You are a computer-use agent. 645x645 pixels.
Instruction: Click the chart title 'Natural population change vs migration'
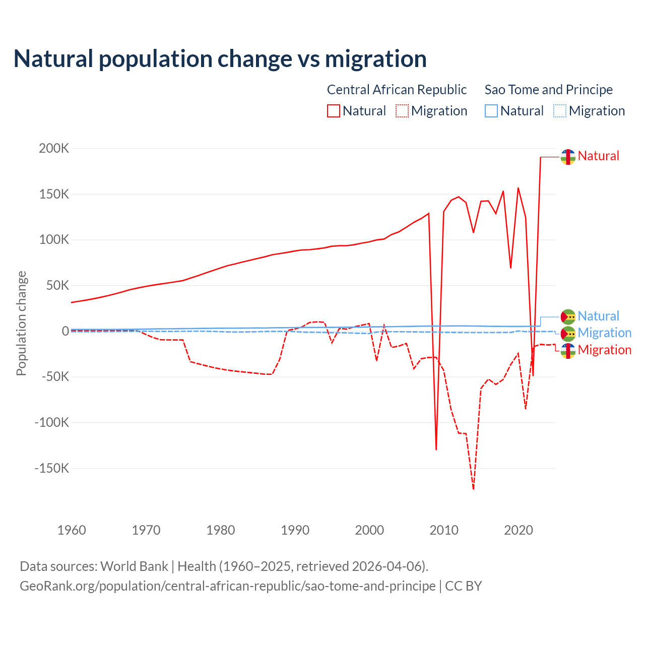(x=220, y=59)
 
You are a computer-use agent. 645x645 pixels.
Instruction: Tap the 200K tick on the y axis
(x=54, y=149)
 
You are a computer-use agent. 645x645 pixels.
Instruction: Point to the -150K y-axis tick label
(x=51, y=468)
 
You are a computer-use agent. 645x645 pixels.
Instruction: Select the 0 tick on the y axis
(x=65, y=331)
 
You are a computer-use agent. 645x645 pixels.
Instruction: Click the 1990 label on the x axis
(x=295, y=530)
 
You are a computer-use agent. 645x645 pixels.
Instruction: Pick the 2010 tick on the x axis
(x=444, y=530)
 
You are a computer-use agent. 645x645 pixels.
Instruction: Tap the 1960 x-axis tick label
(x=72, y=530)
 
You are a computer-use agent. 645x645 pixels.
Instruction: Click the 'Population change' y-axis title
(x=21, y=324)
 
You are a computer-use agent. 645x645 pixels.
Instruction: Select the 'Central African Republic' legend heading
(x=397, y=90)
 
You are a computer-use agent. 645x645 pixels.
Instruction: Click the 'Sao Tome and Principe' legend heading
(x=549, y=90)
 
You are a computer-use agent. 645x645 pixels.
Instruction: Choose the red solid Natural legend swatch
(x=334, y=111)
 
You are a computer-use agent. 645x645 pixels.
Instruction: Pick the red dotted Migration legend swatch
(x=402, y=111)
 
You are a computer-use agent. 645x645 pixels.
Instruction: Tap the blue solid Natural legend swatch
(x=491, y=111)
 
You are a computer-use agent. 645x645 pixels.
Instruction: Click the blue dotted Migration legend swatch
(x=560, y=111)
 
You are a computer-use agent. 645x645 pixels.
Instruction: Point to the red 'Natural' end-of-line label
(x=598, y=156)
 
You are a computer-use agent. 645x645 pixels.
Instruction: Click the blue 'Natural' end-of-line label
(x=598, y=316)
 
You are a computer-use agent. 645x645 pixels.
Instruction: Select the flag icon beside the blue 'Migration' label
(x=568, y=333)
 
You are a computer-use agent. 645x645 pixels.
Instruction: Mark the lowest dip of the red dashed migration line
(x=474, y=489)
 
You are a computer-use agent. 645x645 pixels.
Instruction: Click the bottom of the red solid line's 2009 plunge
(x=436, y=449)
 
